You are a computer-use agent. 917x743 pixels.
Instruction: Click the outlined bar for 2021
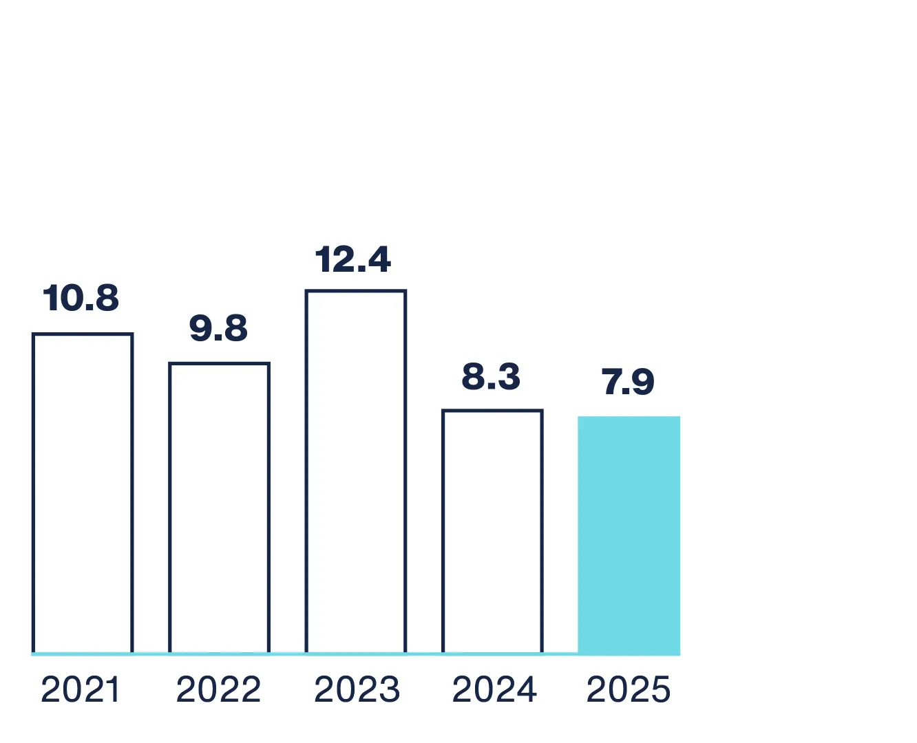coord(83,493)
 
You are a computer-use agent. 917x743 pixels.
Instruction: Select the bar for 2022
coord(219,508)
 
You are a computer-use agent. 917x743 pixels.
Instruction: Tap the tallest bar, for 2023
coord(356,471)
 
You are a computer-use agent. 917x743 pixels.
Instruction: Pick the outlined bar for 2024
coord(492,531)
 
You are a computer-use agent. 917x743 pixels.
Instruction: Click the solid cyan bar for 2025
coord(629,535)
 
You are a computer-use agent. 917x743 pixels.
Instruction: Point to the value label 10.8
coord(81,298)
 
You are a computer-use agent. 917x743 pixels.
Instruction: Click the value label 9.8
coord(218,328)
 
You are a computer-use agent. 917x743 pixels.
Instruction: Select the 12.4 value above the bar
coord(353,259)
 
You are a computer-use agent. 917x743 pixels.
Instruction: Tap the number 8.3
coord(491,377)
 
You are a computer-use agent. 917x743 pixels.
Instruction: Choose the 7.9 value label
coord(627,382)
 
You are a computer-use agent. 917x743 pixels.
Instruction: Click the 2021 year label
coord(81,690)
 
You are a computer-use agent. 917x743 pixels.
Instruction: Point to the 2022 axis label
coord(218,690)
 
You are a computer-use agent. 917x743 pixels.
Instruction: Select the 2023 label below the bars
coord(357,690)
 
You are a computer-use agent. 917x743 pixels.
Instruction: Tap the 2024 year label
coord(494,690)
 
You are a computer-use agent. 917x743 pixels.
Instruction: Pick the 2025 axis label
coord(628,690)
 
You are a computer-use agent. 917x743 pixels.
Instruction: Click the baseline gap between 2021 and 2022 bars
coord(151,653)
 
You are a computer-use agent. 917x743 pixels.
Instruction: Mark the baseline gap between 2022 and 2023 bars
coord(288,653)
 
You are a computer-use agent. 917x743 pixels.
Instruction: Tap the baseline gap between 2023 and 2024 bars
coord(424,653)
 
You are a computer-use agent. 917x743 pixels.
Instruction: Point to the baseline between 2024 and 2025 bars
coord(560,653)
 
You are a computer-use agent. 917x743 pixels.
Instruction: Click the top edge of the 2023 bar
coord(356,292)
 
